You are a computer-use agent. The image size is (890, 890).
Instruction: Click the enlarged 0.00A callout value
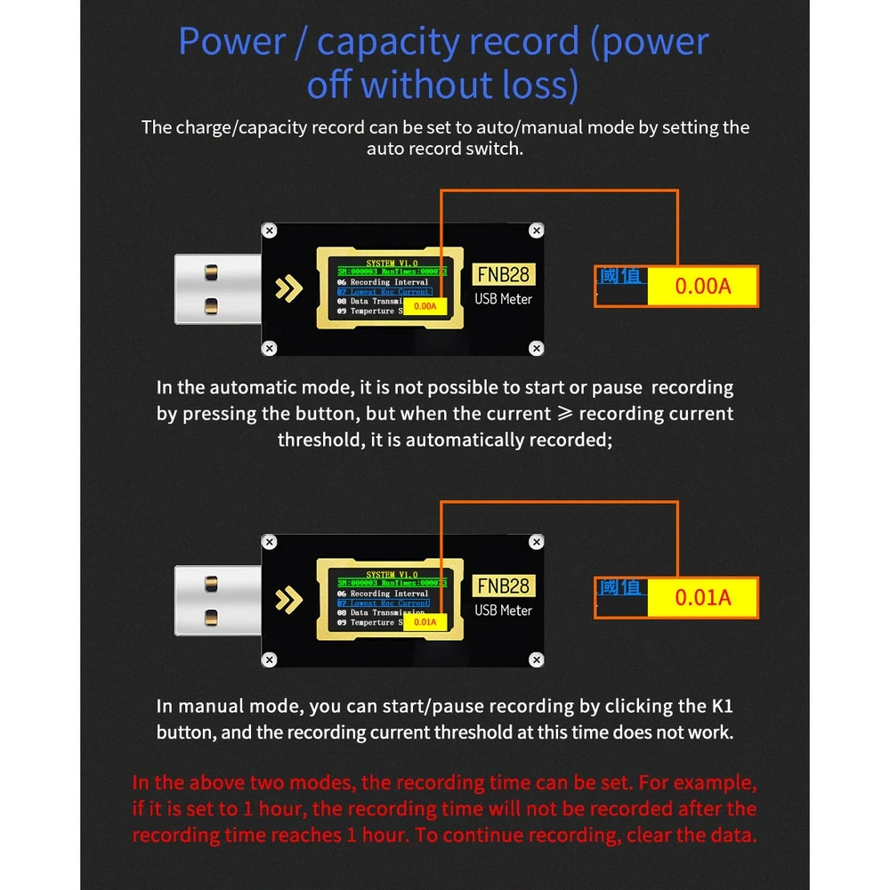pos(702,287)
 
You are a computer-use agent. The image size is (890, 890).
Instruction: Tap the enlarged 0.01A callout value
pos(702,597)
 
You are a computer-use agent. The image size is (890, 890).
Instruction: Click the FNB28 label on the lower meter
pos(504,586)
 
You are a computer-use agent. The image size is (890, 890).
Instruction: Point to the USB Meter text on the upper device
pos(504,299)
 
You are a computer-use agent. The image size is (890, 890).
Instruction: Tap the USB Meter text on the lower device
pos(504,611)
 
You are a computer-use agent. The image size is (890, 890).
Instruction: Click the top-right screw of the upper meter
pos(536,231)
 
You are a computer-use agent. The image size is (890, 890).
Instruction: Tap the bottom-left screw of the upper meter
pos(269,347)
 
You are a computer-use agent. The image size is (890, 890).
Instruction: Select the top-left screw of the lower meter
pos(269,542)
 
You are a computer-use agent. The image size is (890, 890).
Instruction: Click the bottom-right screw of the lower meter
pos(536,659)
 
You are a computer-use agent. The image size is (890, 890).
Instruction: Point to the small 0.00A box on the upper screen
pos(426,306)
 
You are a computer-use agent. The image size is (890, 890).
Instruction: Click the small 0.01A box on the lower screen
pos(425,622)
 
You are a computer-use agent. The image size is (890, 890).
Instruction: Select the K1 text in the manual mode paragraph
pos(721,707)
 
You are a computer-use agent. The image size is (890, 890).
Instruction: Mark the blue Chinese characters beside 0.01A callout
pos(620,587)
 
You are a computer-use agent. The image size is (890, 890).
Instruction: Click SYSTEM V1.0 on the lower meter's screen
pos(392,575)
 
